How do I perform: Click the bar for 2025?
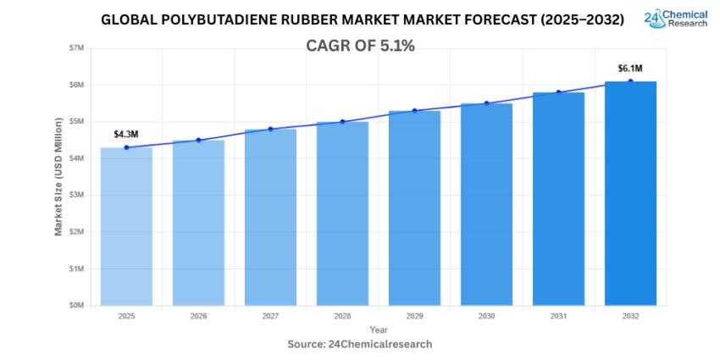pyautogui.click(x=126, y=226)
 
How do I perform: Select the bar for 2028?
pyautogui.click(x=342, y=213)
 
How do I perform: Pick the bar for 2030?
pyautogui.click(x=486, y=204)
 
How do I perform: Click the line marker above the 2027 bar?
pyautogui.click(x=270, y=129)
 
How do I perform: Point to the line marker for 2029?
pyautogui.click(x=414, y=110)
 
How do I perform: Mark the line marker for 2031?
pyautogui.click(x=558, y=92)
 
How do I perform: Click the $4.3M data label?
pyautogui.click(x=126, y=134)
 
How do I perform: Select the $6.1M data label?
pyautogui.click(x=630, y=68)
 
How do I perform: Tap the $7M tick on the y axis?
pyautogui.click(x=76, y=48)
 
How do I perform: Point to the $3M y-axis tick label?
pyautogui.click(x=76, y=195)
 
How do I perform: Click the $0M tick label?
pyautogui.click(x=76, y=305)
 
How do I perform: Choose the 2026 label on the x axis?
pyautogui.click(x=198, y=316)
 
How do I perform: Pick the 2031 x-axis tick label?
pyautogui.click(x=558, y=316)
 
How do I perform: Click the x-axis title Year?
pyautogui.click(x=378, y=330)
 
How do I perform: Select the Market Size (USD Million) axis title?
pyautogui.click(x=58, y=176)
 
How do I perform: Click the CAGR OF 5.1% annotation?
pyautogui.click(x=360, y=47)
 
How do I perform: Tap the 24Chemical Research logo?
pyautogui.click(x=675, y=19)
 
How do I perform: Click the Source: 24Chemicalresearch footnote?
pyautogui.click(x=360, y=344)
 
